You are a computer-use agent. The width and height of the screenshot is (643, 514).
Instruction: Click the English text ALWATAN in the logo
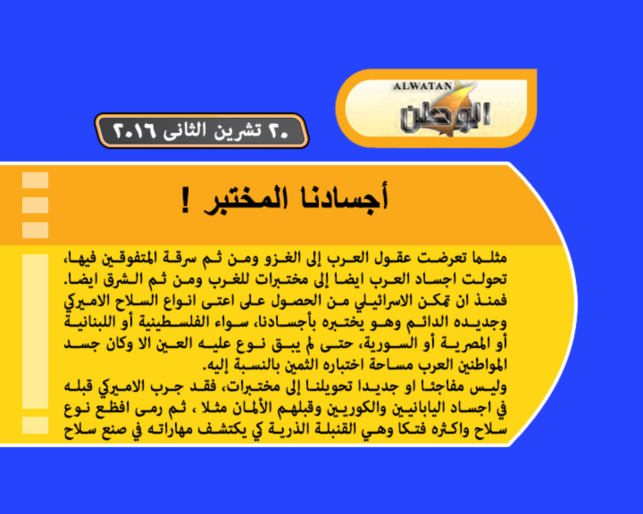422,87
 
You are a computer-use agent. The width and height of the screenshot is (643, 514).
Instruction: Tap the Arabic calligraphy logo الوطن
445,117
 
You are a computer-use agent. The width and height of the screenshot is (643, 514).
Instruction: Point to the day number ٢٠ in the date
279,131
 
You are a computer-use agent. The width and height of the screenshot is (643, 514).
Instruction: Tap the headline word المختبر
246,200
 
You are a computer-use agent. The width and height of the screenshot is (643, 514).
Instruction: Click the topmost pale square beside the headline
35,180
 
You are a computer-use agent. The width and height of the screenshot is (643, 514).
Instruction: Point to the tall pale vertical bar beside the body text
35,331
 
